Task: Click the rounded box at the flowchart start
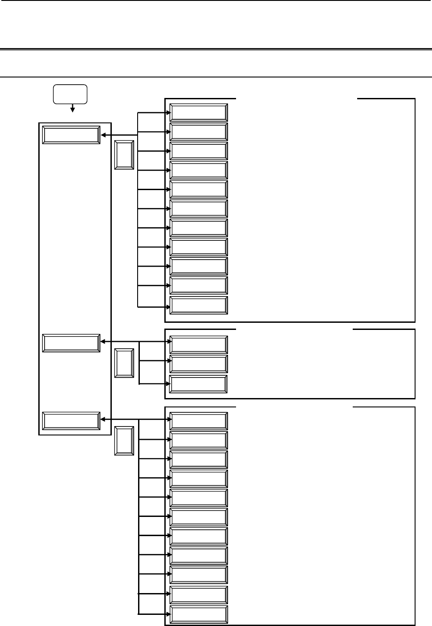70,94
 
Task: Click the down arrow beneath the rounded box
72,109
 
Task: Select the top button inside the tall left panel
71,135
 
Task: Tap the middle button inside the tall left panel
71,343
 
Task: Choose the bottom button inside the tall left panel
71,421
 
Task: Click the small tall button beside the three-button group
124,363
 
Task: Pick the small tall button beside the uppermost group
124,155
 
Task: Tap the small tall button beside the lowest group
124,441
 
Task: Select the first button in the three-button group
199,345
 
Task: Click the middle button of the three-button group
199,364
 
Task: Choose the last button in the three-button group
199,384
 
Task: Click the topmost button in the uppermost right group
199,113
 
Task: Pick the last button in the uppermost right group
199,305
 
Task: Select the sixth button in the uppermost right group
199,208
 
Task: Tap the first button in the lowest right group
199,421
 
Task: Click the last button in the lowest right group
199,614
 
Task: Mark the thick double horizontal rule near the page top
216,49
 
